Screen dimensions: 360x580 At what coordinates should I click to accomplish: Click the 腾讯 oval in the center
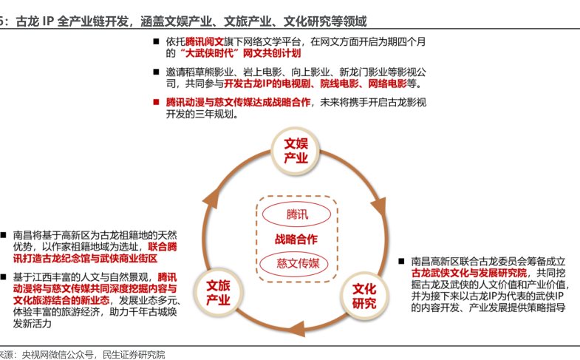tap(297, 214)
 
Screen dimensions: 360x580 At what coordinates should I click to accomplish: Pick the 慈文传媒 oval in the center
tap(297, 263)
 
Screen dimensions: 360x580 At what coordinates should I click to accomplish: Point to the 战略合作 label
tap(296, 239)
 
